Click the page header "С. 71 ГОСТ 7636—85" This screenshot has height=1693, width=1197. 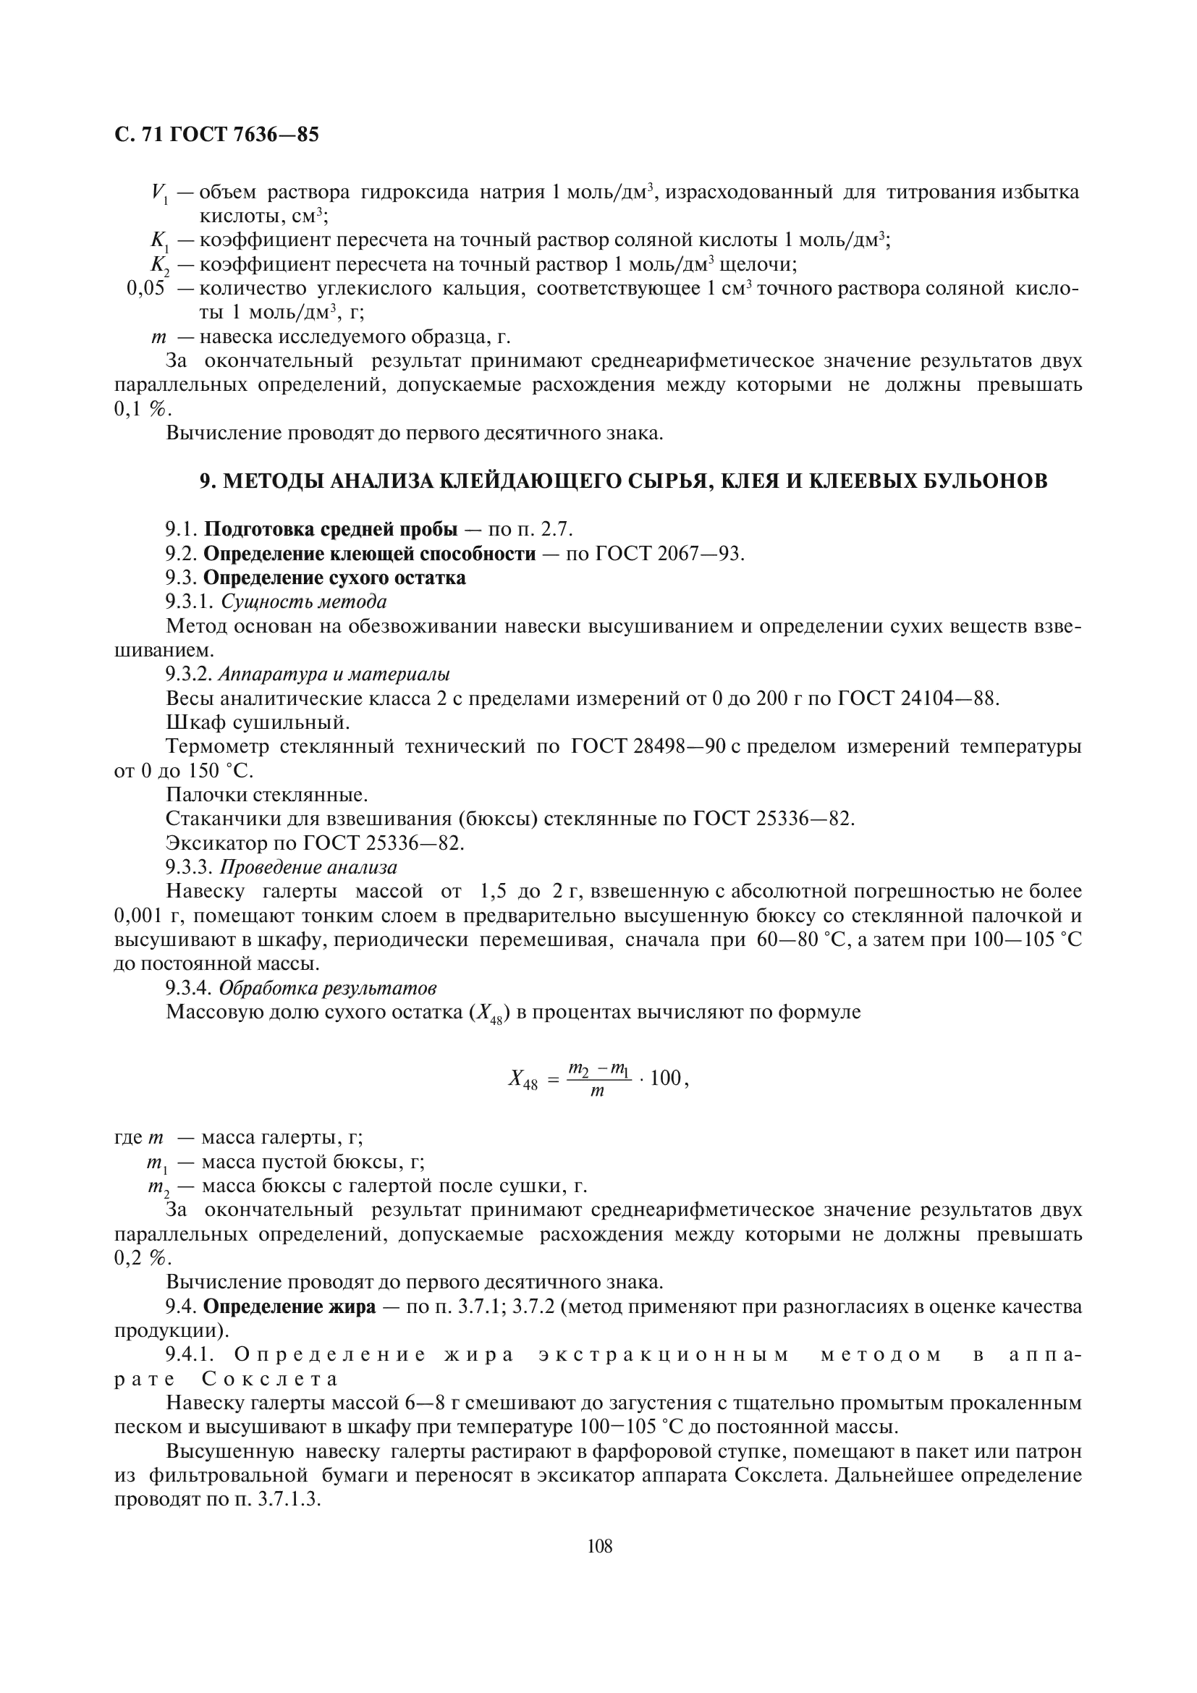pos(216,135)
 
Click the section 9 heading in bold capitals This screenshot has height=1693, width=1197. pos(623,481)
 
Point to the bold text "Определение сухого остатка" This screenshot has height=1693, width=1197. pos(334,578)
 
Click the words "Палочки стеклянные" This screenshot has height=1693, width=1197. pos(267,795)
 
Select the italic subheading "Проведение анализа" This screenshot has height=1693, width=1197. pos(308,867)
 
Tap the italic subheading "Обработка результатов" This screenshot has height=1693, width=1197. pos(328,988)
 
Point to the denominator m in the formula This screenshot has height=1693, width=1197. pos(597,1092)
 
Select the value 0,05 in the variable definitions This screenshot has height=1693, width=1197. pos(145,289)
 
